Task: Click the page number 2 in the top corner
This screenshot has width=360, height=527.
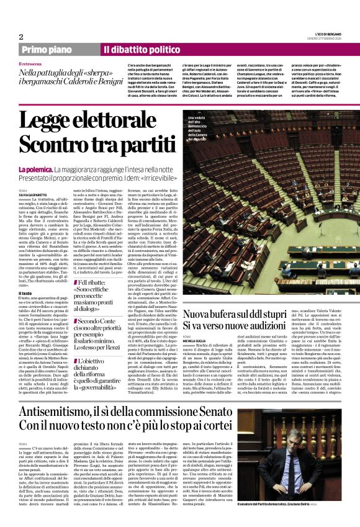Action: click(x=21, y=36)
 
